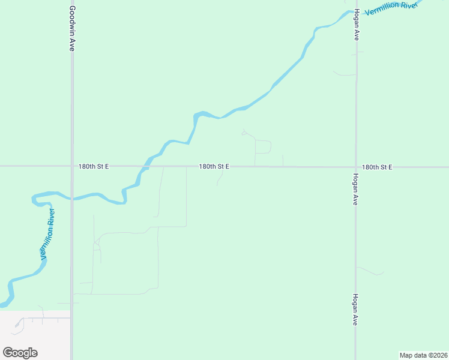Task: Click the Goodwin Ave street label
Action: pyautogui.click(x=71, y=28)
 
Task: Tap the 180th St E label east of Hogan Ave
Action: pyautogui.click(x=377, y=167)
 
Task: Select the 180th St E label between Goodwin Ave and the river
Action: pyautogui.click(x=94, y=166)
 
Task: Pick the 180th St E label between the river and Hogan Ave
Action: pyautogui.click(x=214, y=166)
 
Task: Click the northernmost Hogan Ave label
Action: pyautogui.click(x=356, y=25)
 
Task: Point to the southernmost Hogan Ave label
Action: pyautogui.click(x=356, y=310)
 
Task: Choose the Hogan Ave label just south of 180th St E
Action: pyautogui.click(x=356, y=190)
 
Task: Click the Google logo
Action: pyautogui.click(x=20, y=353)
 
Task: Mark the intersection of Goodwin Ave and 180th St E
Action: pyautogui.click(x=72, y=166)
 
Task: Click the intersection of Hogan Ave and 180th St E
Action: pyautogui.click(x=356, y=167)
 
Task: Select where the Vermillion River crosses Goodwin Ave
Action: pyautogui.click(x=72, y=197)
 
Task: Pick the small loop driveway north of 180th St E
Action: pyautogui.click(x=264, y=146)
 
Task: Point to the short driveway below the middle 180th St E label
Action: pyautogui.click(x=221, y=178)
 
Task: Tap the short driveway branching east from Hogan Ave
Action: pyautogui.click(x=370, y=271)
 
